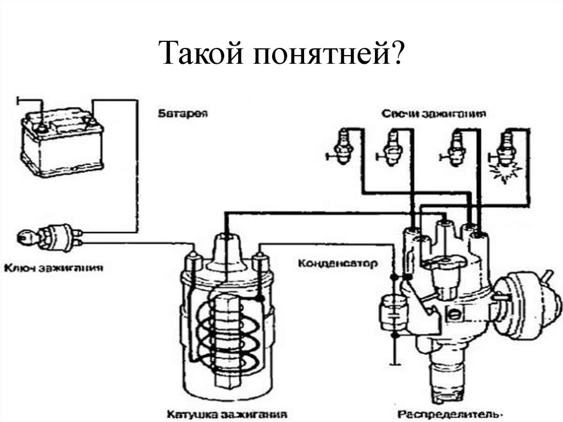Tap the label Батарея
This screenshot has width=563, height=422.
[x=182, y=113]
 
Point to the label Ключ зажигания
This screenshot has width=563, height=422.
[x=54, y=269]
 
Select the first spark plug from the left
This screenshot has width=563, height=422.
[x=344, y=147]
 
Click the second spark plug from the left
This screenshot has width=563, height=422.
[x=391, y=147]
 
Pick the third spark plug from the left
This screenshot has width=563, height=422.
[x=455, y=147]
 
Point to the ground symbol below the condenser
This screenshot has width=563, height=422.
[x=394, y=363]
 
